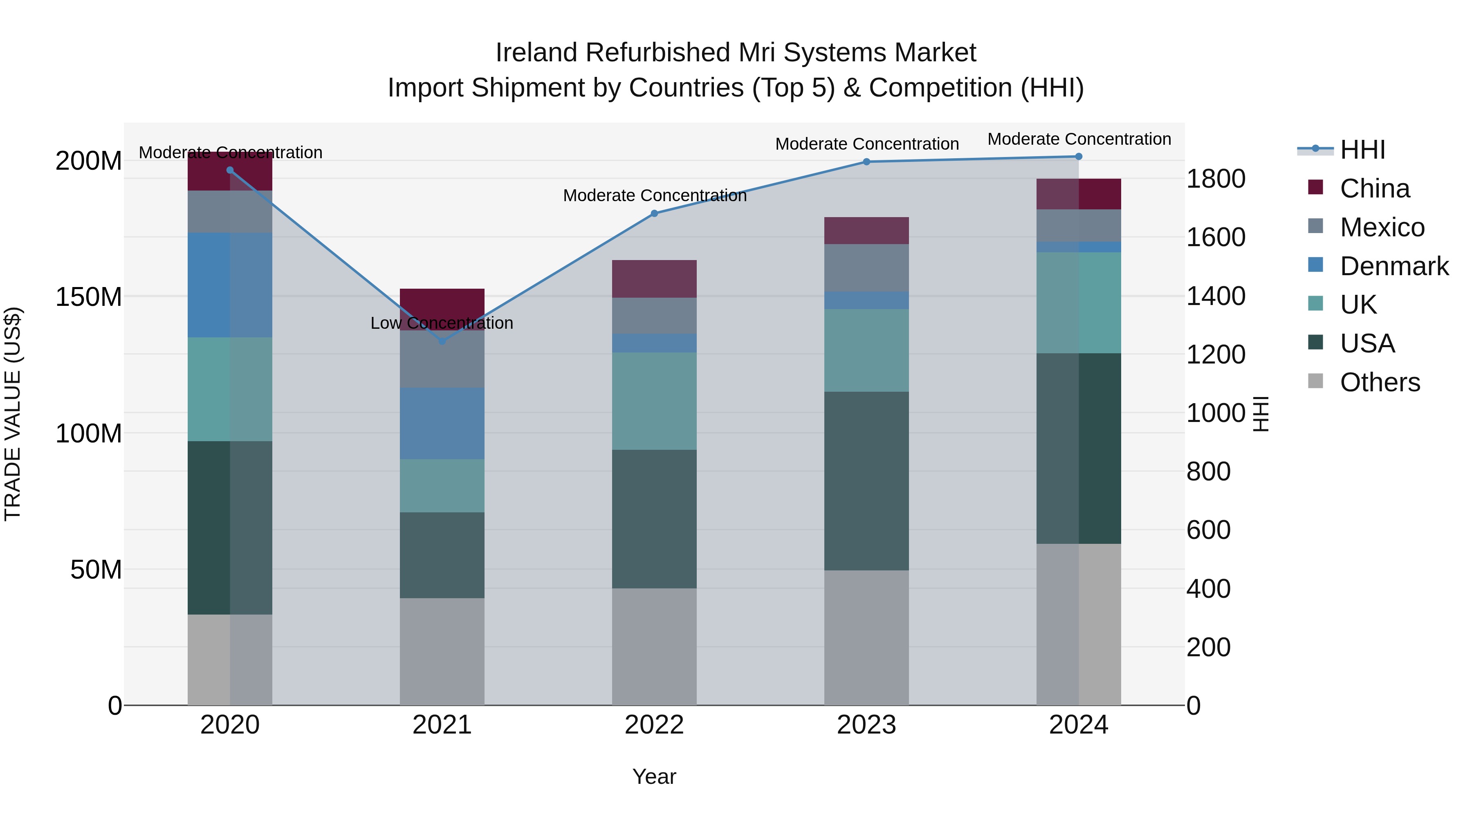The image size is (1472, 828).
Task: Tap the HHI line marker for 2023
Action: (866, 162)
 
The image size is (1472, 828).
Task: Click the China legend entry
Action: (1374, 188)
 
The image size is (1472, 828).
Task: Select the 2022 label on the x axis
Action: (654, 725)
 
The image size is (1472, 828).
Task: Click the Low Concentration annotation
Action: (442, 323)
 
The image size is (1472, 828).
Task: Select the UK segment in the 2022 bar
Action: (654, 401)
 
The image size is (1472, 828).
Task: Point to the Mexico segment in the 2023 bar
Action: (866, 267)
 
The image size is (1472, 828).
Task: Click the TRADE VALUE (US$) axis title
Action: (13, 414)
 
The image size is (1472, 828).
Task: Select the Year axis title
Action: (654, 776)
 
